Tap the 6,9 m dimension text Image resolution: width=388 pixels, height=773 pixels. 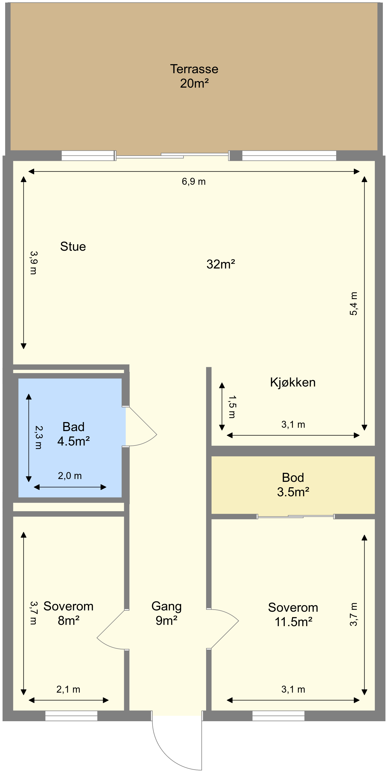[193, 182]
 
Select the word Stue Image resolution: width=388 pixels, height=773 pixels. [73, 246]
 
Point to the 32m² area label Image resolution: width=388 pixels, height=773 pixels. [221, 264]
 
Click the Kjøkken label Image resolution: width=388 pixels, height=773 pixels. [293, 382]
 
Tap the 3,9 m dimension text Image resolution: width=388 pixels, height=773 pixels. [33, 263]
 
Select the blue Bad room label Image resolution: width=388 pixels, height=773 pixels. [73, 434]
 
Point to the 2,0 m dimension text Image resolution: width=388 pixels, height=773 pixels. [70, 476]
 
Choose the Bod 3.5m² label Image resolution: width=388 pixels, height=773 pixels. [293, 485]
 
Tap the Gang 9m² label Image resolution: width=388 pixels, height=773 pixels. [166, 613]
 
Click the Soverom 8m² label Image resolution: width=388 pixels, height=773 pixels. [69, 613]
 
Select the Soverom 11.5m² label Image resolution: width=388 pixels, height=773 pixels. [293, 615]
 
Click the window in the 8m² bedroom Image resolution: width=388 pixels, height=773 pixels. [71, 716]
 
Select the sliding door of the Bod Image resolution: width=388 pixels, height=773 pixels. [296, 516]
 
